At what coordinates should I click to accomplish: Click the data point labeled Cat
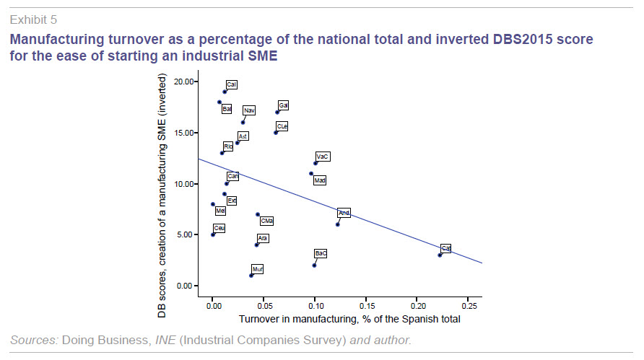(x=439, y=255)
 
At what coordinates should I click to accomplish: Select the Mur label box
(x=258, y=269)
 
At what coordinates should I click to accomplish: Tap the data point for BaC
(x=314, y=265)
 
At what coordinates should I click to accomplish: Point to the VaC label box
(x=323, y=157)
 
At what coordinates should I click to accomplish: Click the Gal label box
(x=284, y=105)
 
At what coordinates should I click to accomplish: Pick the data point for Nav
(x=243, y=122)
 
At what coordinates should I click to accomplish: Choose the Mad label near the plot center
(x=320, y=180)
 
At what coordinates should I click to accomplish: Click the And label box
(x=344, y=213)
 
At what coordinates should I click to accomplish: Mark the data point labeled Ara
(x=256, y=245)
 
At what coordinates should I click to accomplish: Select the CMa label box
(x=266, y=221)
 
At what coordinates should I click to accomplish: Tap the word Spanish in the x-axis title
(x=411, y=318)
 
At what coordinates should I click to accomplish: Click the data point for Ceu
(x=212, y=234)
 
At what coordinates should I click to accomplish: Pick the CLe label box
(x=282, y=126)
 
